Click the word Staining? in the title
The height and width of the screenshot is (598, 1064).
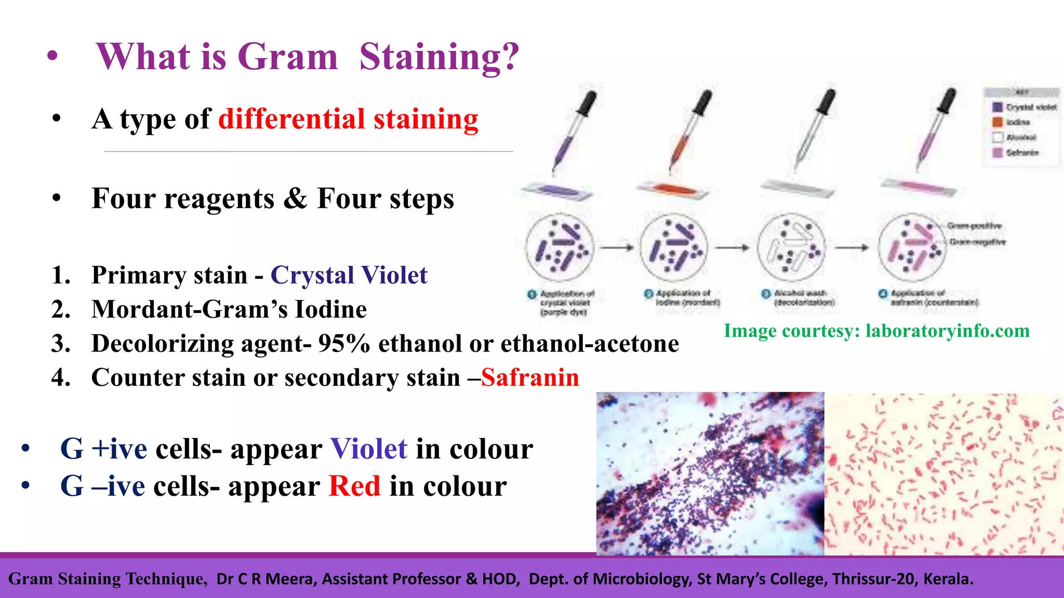coord(439,57)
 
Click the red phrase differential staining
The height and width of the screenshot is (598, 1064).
coord(348,119)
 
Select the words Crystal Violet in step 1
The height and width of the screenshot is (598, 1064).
coord(349,275)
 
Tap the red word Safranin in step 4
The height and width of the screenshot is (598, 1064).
coord(530,377)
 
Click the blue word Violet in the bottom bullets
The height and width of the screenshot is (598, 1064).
coord(369,449)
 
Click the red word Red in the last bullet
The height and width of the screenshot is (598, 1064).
coord(354,486)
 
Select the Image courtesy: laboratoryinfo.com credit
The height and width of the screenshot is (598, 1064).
coord(876,331)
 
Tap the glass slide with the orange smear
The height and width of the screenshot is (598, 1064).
coord(673,190)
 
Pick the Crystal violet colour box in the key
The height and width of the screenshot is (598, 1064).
coord(997,107)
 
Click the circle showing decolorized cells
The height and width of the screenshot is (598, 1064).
coord(791,248)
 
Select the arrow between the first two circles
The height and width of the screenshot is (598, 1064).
coord(617,248)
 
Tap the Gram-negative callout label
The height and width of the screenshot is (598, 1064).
coord(977,242)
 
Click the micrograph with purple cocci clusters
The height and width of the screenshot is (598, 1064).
coord(710,473)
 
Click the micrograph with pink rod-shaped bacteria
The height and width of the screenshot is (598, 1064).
coord(943,473)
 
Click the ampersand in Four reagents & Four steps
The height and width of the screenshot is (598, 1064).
coord(296,198)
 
